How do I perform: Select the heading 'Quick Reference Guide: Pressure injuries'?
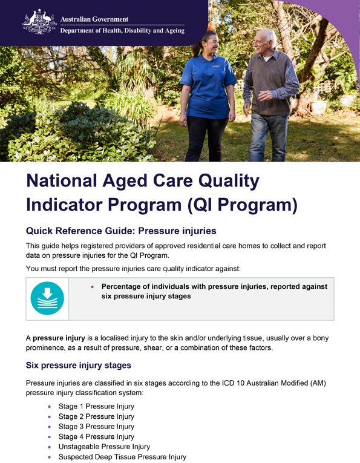pos(121,231)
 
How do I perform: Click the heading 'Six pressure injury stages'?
pos(78,366)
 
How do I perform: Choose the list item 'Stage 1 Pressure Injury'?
pos(96,407)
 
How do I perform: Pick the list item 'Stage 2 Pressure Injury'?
pos(96,416)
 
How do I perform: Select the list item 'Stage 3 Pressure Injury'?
pos(96,427)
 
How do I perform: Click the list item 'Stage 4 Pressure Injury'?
pos(96,437)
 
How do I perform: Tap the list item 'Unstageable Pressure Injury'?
pos(104,447)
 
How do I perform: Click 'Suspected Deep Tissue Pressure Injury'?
pos(122,457)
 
